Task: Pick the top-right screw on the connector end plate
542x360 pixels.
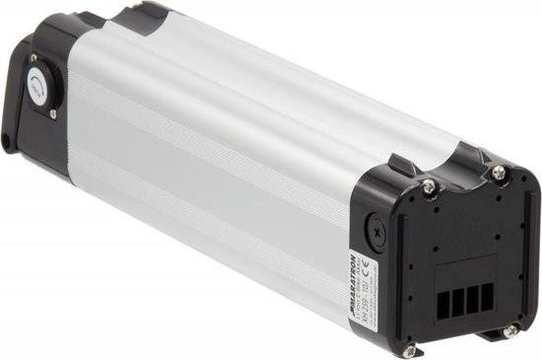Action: [499, 173]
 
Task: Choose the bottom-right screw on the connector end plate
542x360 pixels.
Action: [509, 331]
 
